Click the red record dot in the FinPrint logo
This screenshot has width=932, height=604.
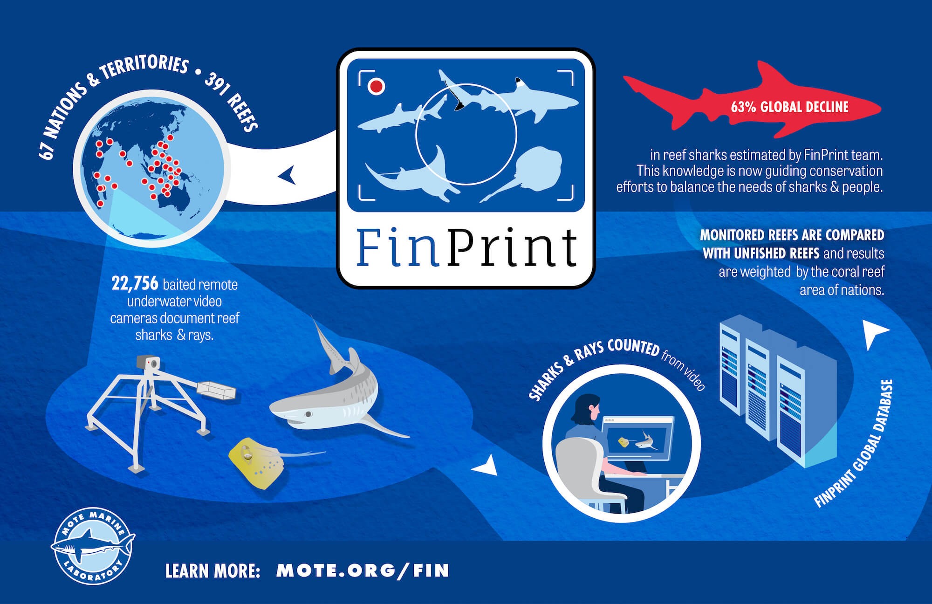click(376, 86)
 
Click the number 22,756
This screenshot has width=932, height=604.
click(135, 283)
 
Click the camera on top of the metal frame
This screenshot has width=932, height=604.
click(148, 363)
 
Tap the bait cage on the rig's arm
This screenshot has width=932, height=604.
click(216, 390)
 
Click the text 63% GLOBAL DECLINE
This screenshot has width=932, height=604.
click(789, 107)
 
